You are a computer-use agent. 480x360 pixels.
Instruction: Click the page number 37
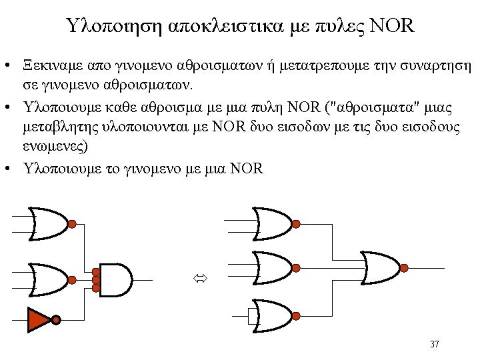point(434,344)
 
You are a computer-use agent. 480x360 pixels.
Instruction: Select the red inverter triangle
point(39,319)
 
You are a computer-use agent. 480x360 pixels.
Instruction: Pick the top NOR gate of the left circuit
point(49,223)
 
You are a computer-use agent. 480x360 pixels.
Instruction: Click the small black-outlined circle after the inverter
point(57,320)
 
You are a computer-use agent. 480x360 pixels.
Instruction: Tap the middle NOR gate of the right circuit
point(273,268)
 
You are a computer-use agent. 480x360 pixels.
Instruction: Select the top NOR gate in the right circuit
point(273,223)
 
